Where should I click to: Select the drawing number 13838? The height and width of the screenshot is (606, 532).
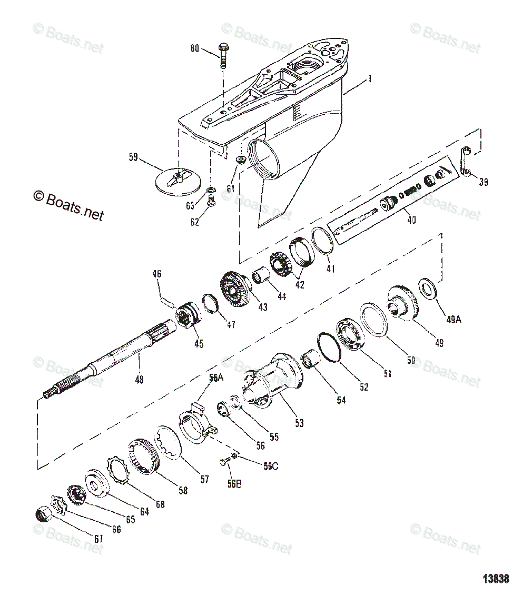pyautogui.click(x=496, y=579)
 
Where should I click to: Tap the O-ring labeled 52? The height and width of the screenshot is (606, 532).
pyautogui.click(x=330, y=347)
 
